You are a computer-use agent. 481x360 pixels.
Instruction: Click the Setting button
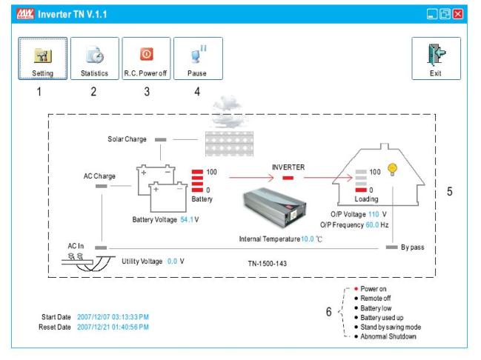43,59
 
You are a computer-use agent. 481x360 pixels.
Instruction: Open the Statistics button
94,59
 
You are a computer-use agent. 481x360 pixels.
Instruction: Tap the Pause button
198,59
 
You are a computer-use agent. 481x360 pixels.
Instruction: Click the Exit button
436,59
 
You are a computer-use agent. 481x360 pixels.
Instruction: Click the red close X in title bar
458,14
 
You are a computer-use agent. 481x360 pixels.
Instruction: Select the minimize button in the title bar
432,14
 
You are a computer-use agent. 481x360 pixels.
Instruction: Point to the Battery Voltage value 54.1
187,219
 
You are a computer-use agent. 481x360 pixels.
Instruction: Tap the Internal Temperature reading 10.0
308,239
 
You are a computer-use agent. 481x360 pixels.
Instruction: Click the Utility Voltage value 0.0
172,261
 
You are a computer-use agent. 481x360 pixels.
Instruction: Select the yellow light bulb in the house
392,170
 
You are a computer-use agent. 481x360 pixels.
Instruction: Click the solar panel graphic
229,144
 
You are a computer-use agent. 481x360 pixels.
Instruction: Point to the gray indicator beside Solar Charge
160,139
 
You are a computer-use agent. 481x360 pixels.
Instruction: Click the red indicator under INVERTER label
288,178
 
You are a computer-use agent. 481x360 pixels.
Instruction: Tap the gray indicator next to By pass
392,247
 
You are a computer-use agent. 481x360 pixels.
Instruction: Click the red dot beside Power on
356,289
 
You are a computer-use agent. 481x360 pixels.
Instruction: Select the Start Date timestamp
113,317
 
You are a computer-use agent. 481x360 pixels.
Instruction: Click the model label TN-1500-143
268,264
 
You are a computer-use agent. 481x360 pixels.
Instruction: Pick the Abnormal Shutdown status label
388,336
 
